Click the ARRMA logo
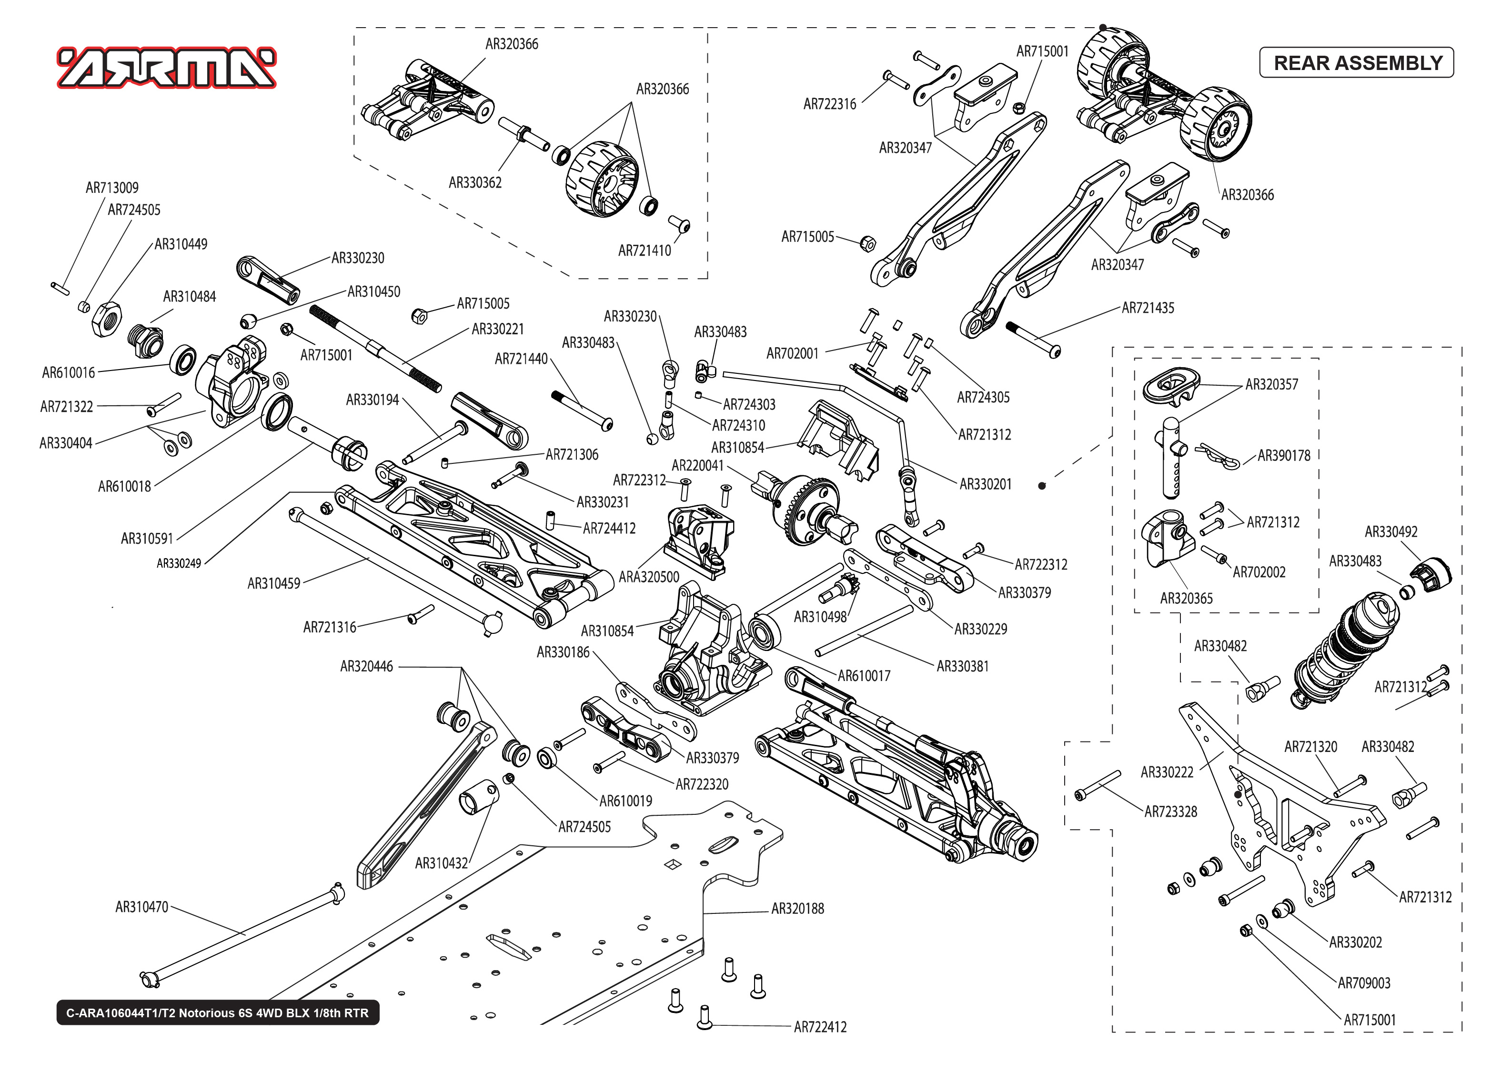pos(166,67)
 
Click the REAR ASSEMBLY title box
pos(1357,63)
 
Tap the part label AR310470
pos(141,907)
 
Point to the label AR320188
pos(797,908)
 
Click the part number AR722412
pos(819,1026)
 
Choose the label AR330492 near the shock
pos(1391,531)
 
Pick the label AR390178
pos(1283,455)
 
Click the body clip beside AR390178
pos(1220,455)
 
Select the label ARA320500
pos(648,577)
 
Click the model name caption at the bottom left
pos(217,1012)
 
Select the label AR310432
pos(441,863)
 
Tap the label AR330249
pos(178,563)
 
